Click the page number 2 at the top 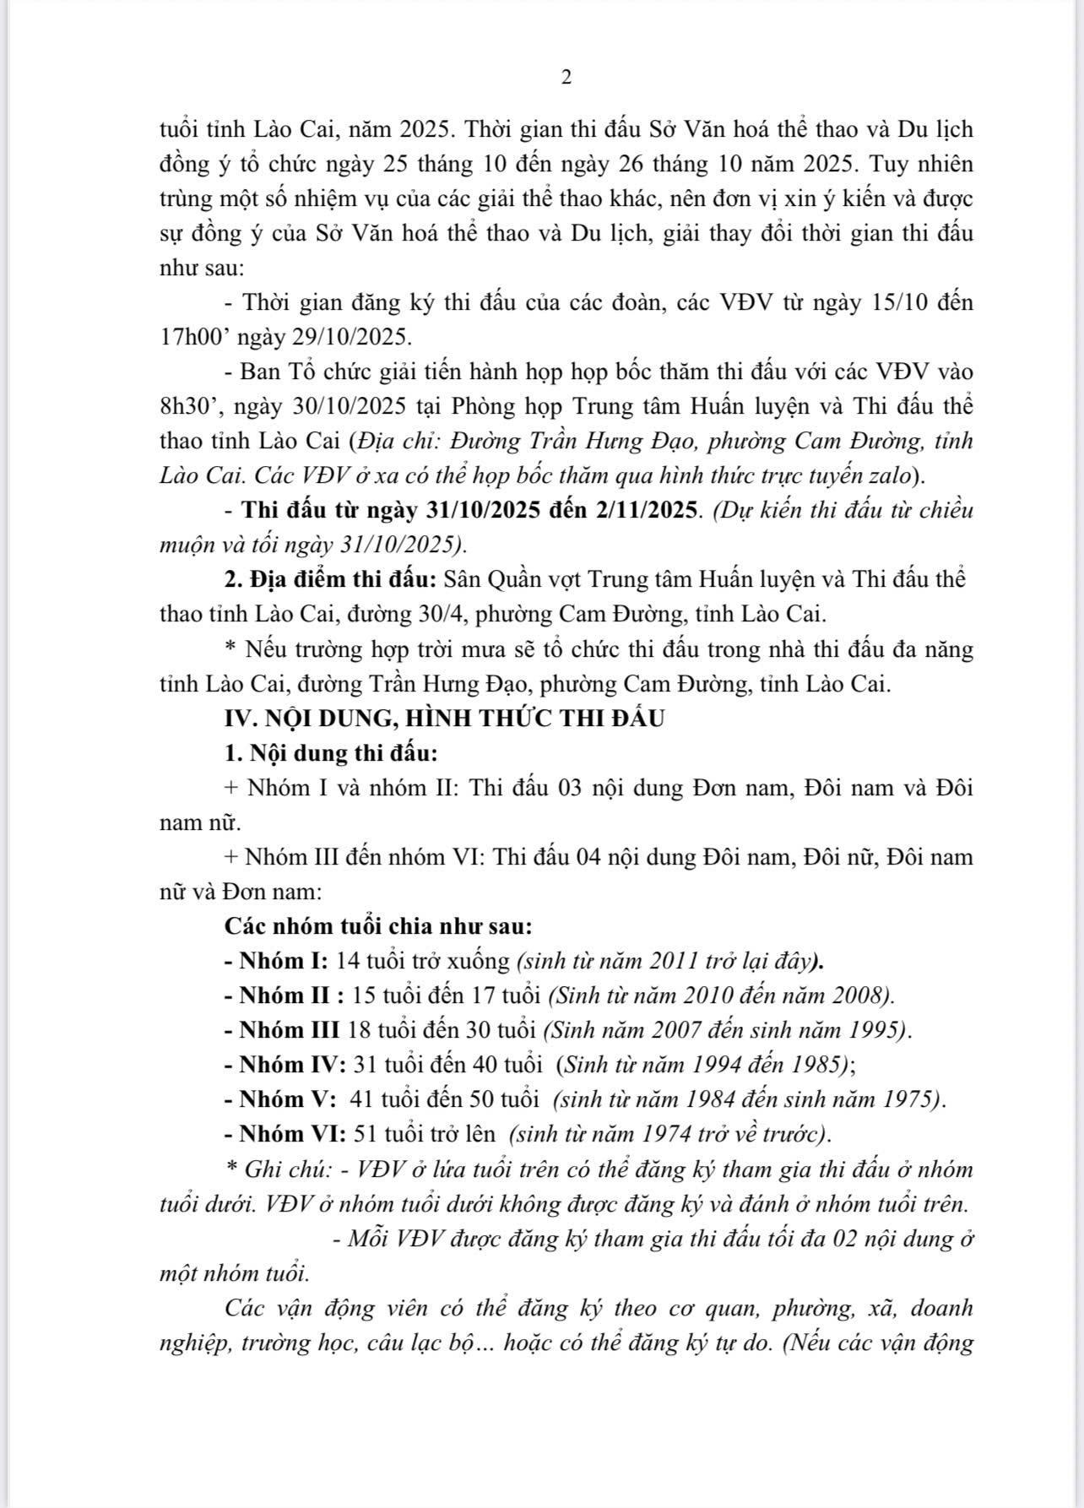[x=566, y=78]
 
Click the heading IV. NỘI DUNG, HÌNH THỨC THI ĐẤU [x=444, y=719]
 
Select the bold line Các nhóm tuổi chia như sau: [x=378, y=926]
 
